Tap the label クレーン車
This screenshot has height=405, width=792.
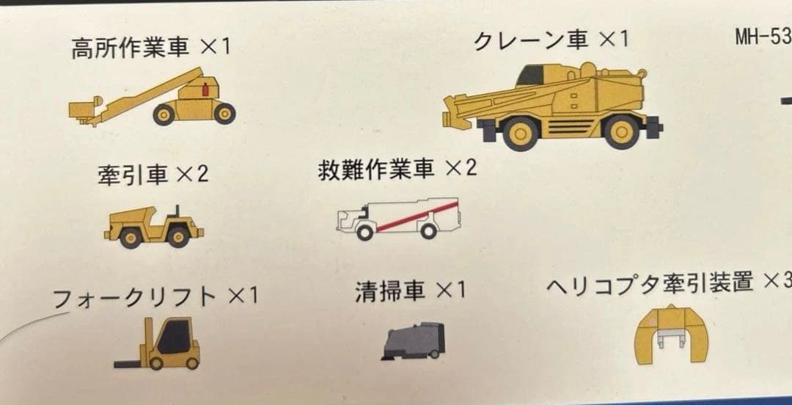click(x=531, y=40)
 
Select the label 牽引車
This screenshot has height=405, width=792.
click(x=133, y=175)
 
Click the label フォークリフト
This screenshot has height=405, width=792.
click(x=135, y=298)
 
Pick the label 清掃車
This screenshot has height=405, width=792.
click(x=390, y=291)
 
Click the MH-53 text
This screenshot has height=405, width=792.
click(x=763, y=37)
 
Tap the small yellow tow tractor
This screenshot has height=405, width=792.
click(x=153, y=226)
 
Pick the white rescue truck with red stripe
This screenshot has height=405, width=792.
click(x=398, y=219)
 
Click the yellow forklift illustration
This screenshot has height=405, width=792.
click(x=165, y=343)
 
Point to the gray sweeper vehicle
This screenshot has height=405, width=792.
click(x=414, y=341)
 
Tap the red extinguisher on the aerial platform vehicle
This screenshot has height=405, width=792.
click(x=205, y=90)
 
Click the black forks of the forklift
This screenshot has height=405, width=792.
click(x=131, y=362)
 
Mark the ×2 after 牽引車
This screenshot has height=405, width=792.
click(x=193, y=175)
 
